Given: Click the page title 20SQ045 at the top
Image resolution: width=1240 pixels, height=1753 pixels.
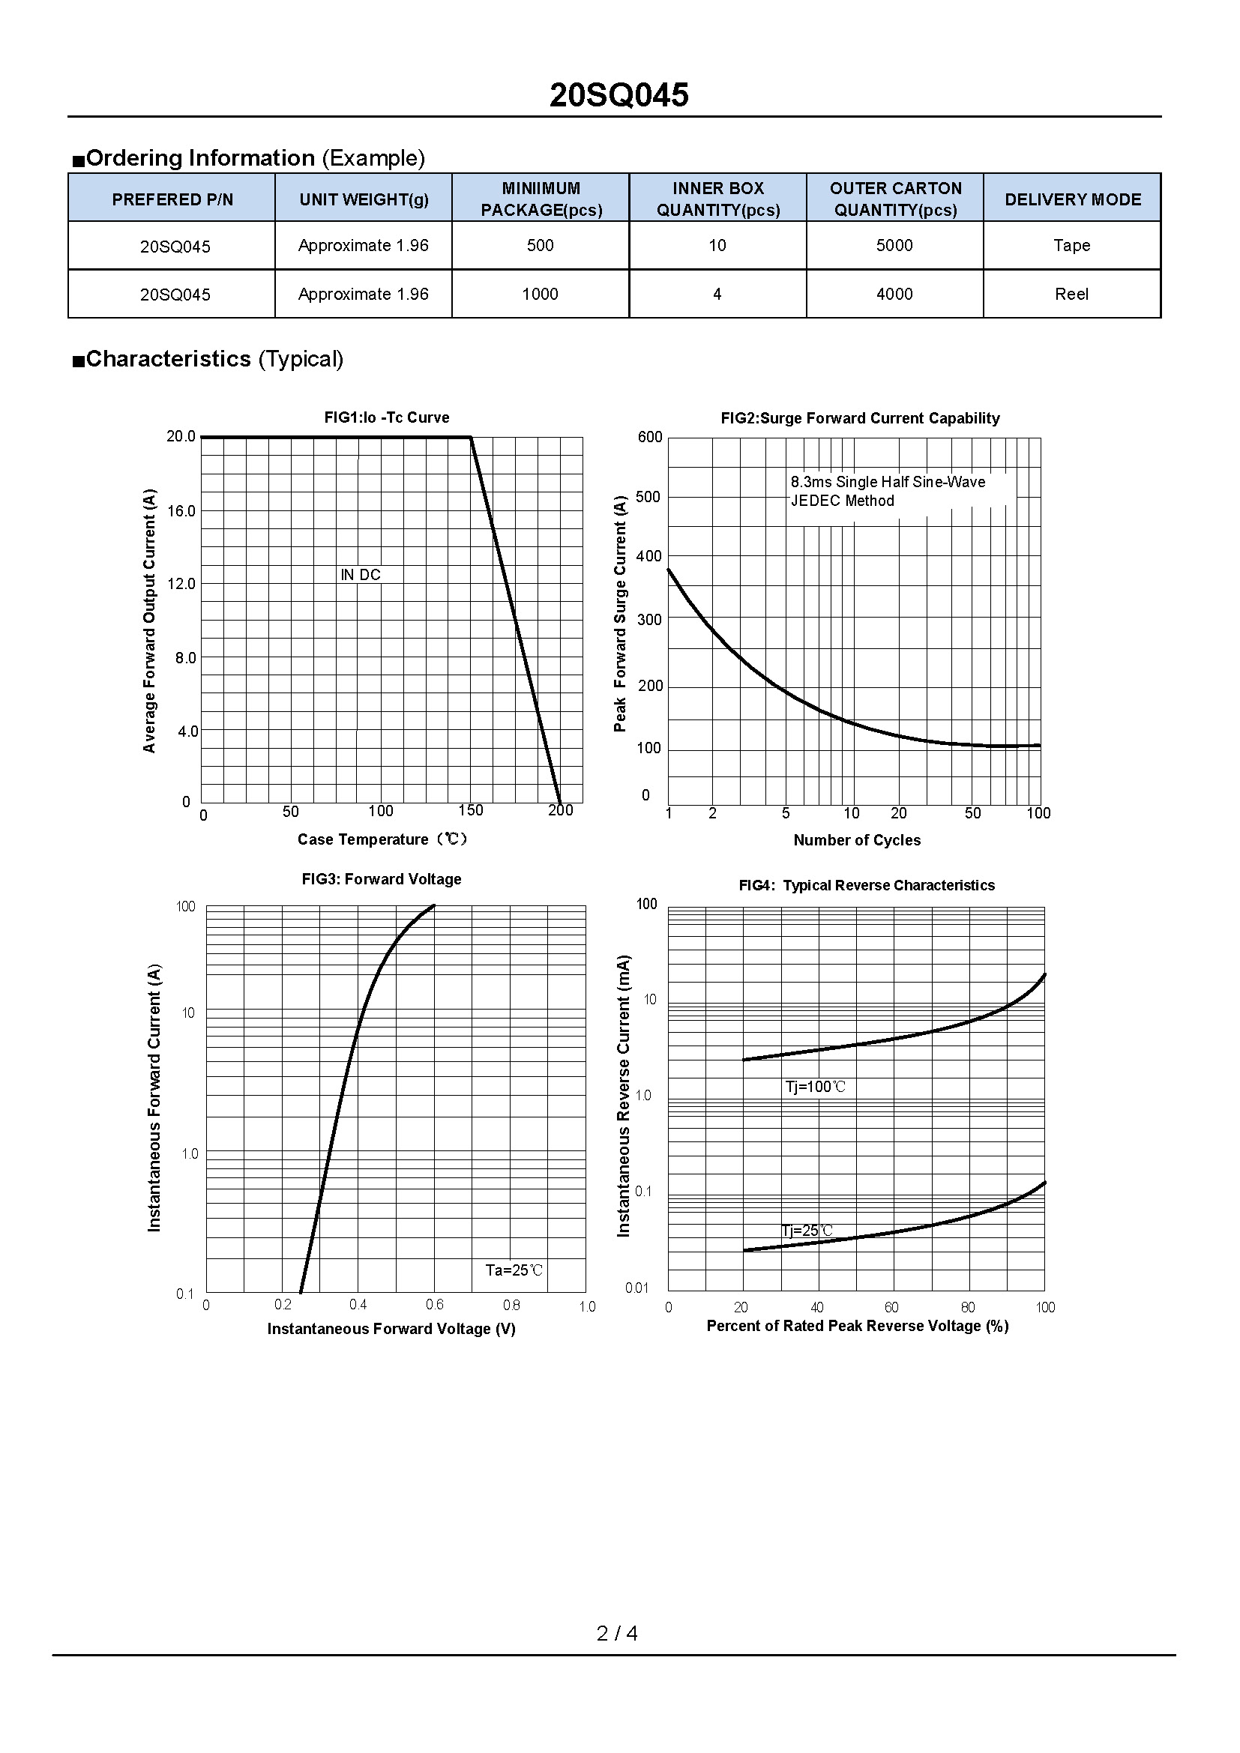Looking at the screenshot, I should tap(619, 95).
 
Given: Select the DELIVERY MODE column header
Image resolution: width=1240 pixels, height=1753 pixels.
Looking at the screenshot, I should tap(1072, 199).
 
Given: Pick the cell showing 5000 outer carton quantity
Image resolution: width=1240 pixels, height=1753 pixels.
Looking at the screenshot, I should tap(894, 246).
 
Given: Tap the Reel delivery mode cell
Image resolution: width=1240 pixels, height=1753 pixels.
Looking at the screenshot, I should tap(1071, 295).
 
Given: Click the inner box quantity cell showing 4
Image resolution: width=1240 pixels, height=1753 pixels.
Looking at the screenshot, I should tap(717, 295).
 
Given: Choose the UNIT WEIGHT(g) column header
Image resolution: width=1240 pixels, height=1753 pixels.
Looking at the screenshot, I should tap(364, 199).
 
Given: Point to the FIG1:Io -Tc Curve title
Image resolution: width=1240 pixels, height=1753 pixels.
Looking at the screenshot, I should tap(386, 417).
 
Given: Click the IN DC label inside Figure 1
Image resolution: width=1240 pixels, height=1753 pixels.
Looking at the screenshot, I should tap(361, 575).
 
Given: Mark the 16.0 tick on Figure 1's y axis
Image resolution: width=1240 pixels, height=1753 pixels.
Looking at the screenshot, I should tap(181, 512).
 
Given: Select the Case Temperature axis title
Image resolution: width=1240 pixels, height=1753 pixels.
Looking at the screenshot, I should tap(382, 839).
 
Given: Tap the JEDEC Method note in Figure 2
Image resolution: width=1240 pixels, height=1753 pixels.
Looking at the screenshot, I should tap(842, 501).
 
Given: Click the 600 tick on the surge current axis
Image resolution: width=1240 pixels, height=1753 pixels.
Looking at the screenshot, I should tap(650, 437).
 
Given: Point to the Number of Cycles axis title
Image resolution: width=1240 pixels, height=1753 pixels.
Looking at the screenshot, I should tap(857, 840).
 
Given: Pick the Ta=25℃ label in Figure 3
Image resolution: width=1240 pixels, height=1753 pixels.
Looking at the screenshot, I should tap(514, 1270).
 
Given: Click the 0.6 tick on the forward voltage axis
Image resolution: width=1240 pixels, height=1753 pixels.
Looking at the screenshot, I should tap(435, 1305).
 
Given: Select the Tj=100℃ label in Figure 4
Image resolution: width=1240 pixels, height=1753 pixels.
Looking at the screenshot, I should tap(816, 1087).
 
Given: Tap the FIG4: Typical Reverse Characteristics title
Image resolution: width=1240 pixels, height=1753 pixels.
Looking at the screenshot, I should tap(866, 885).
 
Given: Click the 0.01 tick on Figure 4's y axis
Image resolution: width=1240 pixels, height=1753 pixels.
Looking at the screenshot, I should tap(636, 1288).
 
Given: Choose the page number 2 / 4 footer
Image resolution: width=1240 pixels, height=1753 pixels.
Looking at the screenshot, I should tap(617, 1633).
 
